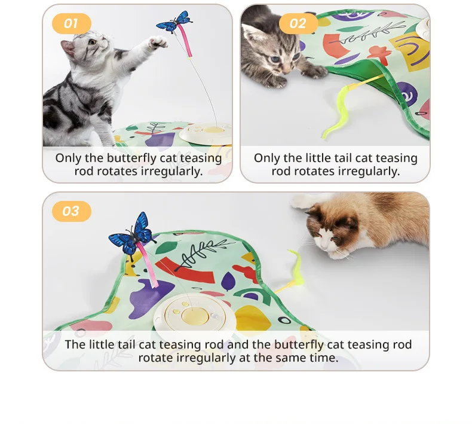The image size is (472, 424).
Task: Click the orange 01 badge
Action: click(x=71, y=24)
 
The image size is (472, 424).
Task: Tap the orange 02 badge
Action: click(x=298, y=24)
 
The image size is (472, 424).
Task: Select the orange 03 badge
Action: click(x=71, y=211)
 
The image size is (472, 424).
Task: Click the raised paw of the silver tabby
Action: click(x=158, y=42)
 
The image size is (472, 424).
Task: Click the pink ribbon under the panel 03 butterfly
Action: click(x=146, y=266)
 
